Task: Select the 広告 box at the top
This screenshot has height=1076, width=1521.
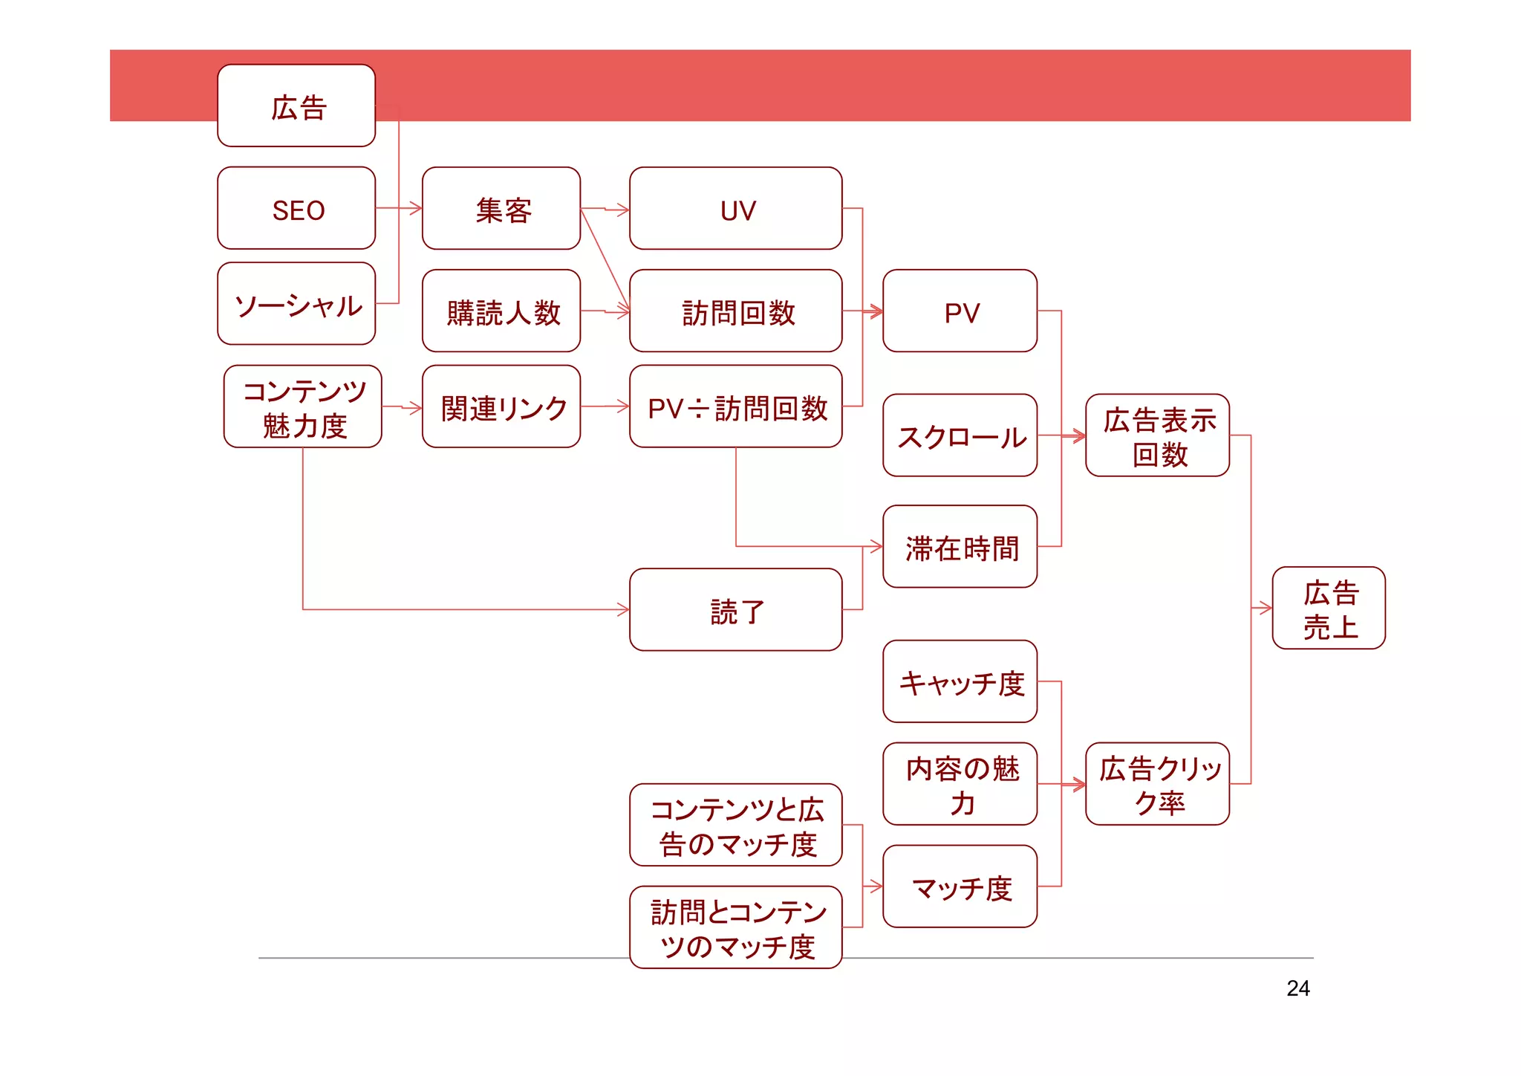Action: click(x=296, y=106)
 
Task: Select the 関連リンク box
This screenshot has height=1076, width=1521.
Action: click(x=501, y=406)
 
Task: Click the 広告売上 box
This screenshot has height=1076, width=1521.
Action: click(x=1329, y=609)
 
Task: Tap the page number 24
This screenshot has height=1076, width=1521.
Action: click(x=1297, y=988)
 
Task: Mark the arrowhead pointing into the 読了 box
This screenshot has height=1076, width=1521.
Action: click(x=624, y=610)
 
